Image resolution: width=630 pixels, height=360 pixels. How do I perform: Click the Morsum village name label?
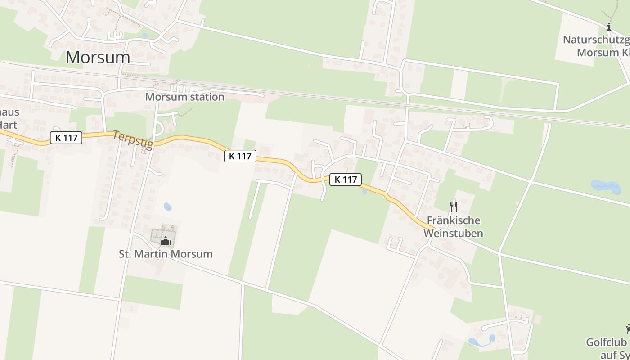click(x=98, y=57)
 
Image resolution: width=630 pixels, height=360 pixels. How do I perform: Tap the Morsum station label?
click(x=184, y=97)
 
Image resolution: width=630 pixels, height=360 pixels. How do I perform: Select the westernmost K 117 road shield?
click(x=66, y=138)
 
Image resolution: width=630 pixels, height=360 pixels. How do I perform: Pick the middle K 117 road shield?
click(x=240, y=156)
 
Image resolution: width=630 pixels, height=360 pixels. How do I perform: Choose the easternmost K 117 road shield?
click(x=346, y=180)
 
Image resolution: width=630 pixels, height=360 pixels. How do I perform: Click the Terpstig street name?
click(x=133, y=139)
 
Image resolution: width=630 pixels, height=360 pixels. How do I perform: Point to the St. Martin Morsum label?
click(x=166, y=254)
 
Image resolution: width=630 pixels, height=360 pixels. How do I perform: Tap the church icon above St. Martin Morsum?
click(x=166, y=241)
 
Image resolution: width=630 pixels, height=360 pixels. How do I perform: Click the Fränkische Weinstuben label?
click(x=453, y=227)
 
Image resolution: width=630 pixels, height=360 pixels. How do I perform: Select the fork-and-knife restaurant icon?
click(x=453, y=207)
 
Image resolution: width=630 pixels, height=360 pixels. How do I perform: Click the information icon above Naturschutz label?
click(x=609, y=27)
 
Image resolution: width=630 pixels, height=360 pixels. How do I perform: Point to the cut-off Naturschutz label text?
click(x=597, y=46)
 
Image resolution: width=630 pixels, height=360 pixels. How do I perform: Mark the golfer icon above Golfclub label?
click(x=627, y=329)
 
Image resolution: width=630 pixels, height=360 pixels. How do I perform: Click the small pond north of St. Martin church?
click(x=167, y=207)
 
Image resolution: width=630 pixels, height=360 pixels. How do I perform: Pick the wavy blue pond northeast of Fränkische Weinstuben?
click(x=606, y=186)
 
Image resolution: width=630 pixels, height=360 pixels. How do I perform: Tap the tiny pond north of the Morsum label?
click(x=144, y=35)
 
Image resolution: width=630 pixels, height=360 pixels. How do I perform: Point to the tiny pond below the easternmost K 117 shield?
click(x=364, y=191)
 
